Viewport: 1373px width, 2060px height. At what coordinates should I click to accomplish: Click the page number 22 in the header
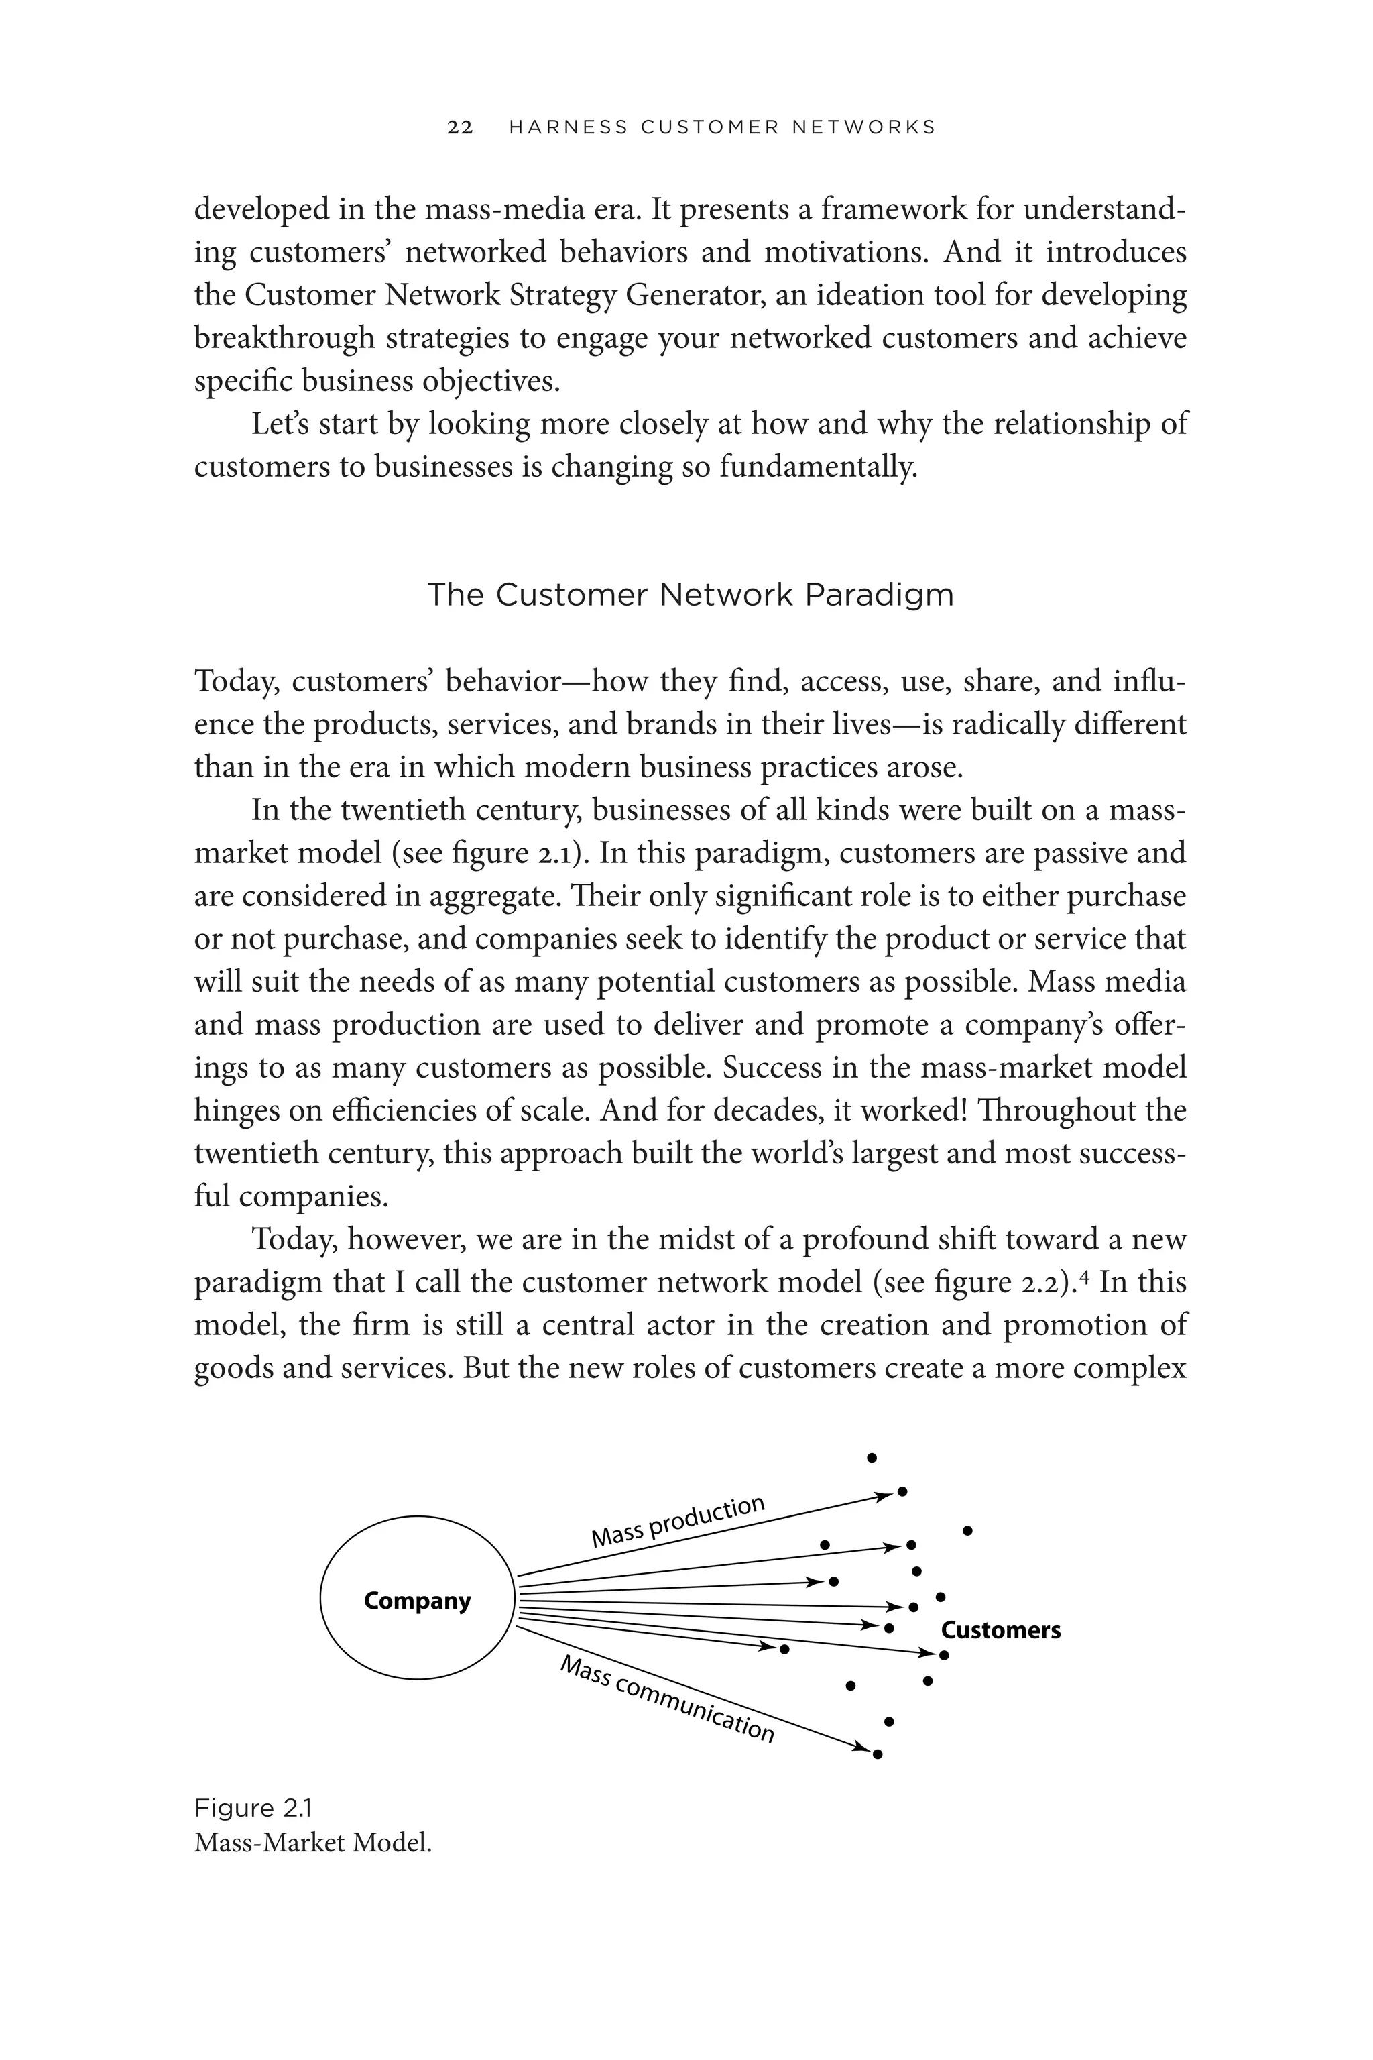460,128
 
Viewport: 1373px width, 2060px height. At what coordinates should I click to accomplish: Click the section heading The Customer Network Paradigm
689,595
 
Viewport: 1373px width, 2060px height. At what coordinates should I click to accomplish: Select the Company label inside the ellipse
417,1601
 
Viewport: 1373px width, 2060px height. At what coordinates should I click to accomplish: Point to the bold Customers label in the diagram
1000,1630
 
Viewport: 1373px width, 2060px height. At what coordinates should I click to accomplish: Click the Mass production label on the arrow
678,1522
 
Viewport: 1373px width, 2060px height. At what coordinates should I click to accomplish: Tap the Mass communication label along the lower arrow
667,1699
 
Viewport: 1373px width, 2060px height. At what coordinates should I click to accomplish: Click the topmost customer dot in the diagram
872,1458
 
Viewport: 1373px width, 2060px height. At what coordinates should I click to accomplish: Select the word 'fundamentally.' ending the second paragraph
818,467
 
